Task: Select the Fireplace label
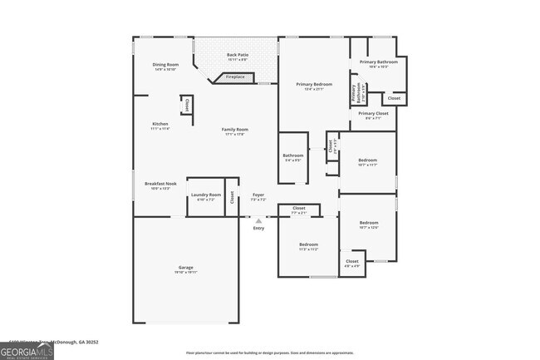click(x=235, y=77)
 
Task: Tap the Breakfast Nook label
click(x=160, y=185)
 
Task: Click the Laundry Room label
click(x=205, y=197)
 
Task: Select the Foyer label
click(x=258, y=197)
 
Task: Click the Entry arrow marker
click(x=258, y=221)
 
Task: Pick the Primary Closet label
click(x=373, y=116)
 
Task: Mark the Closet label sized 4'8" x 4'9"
click(x=352, y=264)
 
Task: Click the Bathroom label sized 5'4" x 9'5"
click(x=293, y=157)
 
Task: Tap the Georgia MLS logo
click(x=27, y=352)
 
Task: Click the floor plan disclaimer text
click(x=269, y=353)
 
